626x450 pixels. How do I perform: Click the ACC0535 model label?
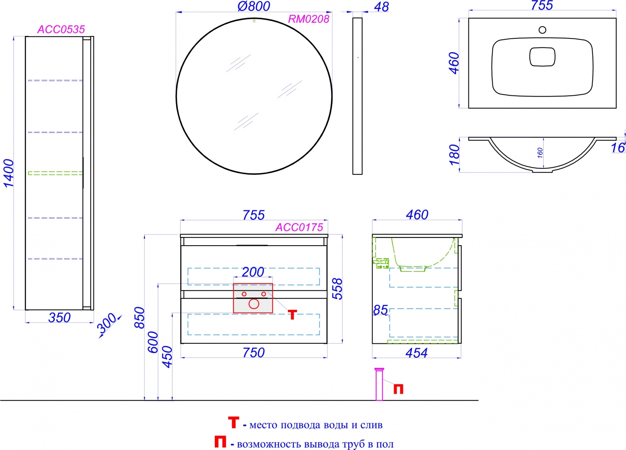point(61,29)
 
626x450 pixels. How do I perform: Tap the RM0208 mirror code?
point(309,19)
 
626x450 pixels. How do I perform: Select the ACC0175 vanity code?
point(299,227)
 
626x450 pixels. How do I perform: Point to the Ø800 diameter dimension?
point(254,6)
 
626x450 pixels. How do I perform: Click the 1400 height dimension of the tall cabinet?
point(8,173)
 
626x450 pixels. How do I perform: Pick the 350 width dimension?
point(59,318)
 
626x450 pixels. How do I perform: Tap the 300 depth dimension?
point(107,323)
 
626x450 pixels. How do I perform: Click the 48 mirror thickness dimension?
point(381,7)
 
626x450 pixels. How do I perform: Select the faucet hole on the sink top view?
point(542,30)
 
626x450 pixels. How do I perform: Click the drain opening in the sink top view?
point(542,57)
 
